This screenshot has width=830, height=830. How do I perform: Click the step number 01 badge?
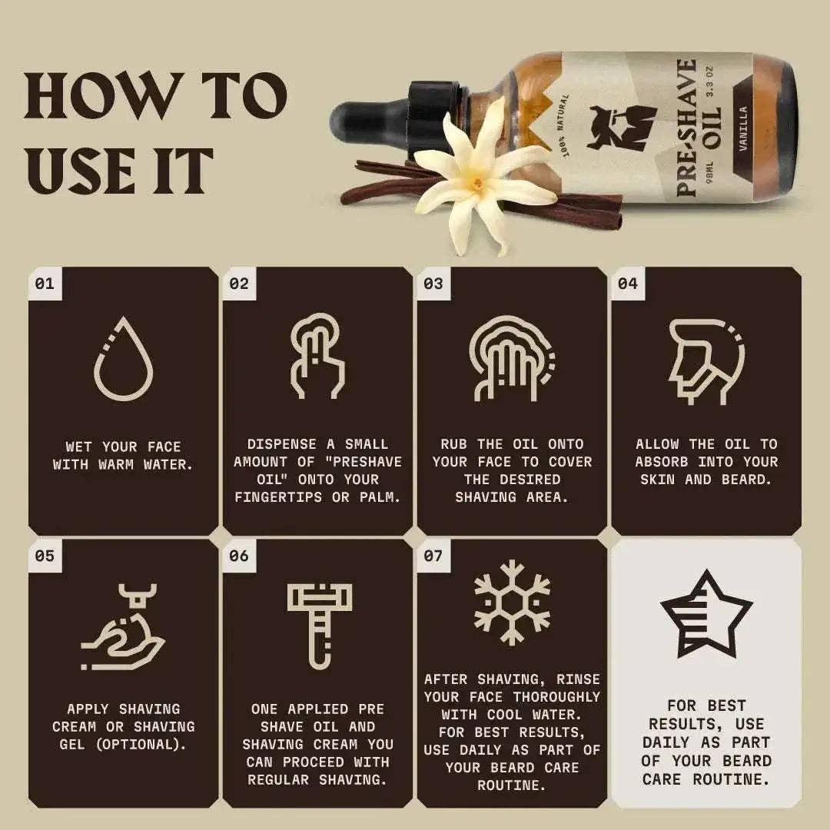tap(45, 284)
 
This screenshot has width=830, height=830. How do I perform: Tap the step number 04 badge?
tap(628, 284)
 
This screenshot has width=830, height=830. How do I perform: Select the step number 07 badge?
tap(433, 555)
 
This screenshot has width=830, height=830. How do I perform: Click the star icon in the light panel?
tap(705, 612)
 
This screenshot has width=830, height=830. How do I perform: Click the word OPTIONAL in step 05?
tap(136, 744)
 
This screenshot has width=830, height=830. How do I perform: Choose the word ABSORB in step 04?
tap(667, 462)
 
